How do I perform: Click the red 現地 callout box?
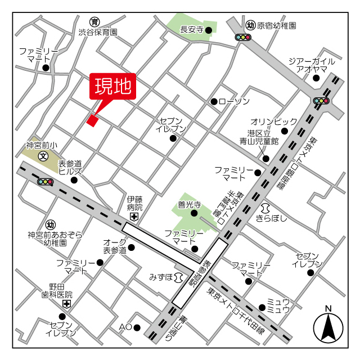(x=112, y=86)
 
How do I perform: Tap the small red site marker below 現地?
(x=92, y=119)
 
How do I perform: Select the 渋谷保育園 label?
(x=98, y=33)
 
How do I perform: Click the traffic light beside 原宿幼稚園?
(x=243, y=38)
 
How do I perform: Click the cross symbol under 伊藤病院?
(x=134, y=217)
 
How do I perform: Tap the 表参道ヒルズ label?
(x=70, y=166)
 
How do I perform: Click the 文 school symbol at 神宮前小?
(x=43, y=155)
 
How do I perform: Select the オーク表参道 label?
(x=115, y=246)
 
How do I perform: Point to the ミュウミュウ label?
(x=278, y=306)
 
